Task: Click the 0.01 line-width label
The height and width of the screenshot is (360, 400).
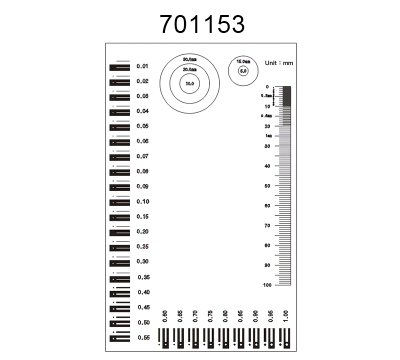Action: tap(141, 66)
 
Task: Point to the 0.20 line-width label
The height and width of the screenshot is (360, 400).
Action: tap(142, 231)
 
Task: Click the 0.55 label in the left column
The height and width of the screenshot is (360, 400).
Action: tap(142, 338)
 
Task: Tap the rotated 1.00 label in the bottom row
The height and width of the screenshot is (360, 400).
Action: tap(286, 317)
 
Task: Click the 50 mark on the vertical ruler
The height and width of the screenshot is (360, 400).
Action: tap(267, 186)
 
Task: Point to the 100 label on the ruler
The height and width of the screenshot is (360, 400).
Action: tap(266, 286)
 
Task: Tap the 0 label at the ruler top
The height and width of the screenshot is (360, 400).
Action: tap(268, 87)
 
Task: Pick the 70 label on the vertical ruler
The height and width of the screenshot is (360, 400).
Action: tap(267, 226)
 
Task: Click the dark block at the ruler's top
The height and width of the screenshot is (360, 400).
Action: tap(287, 95)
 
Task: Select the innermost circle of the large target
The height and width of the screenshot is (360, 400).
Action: tap(189, 84)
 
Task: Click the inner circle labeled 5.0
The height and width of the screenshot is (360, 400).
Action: tap(243, 72)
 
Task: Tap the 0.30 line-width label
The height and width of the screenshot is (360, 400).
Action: tap(142, 261)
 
